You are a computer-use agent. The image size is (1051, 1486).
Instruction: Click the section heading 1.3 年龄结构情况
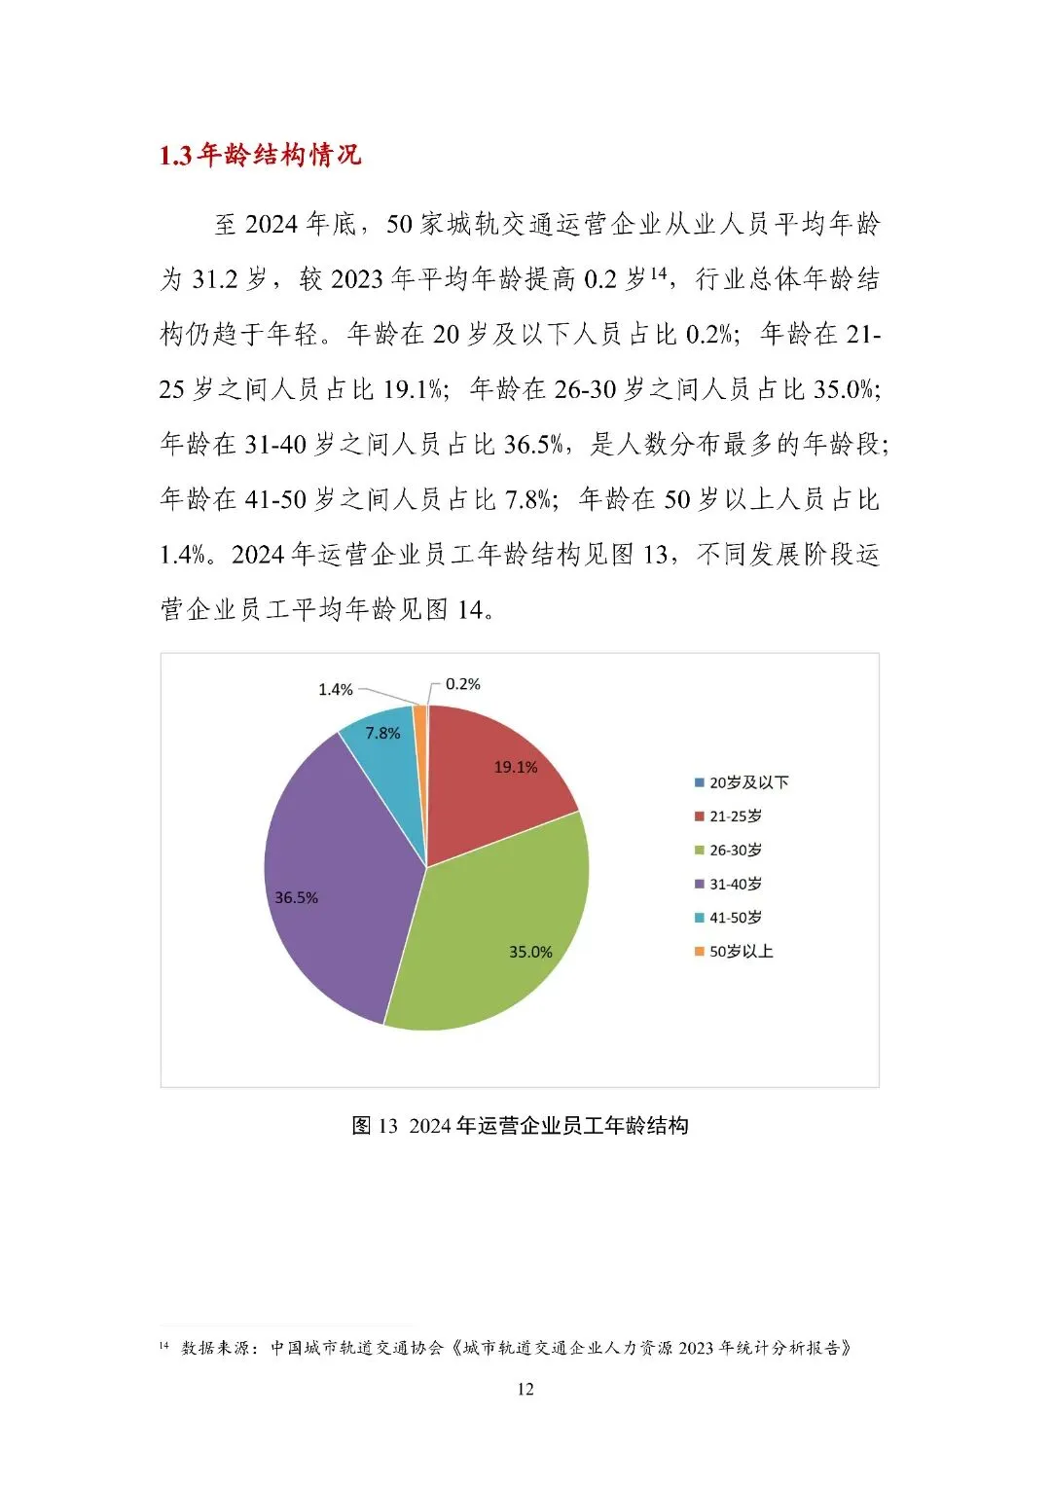point(260,156)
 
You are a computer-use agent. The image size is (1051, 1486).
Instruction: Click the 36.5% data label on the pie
point(296,897)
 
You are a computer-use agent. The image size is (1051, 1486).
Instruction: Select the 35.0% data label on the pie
point(530,952)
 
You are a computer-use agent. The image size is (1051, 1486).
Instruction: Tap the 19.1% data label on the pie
point(515,767)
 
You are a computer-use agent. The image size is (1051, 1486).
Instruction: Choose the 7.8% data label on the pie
point(382,733)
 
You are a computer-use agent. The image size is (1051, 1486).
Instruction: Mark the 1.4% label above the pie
point(335,689)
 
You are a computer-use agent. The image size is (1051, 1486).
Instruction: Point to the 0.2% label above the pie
point(462,684)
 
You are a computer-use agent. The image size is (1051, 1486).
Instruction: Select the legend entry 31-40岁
point(735,884)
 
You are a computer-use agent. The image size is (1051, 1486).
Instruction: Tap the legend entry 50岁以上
point(741,951)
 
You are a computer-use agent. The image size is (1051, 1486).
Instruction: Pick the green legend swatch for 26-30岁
point(699,851)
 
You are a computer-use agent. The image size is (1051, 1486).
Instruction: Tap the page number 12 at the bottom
point(525,1389)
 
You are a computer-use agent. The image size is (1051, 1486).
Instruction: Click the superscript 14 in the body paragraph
point(659,273)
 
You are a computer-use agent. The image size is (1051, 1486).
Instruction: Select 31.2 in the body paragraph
point(215,280)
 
